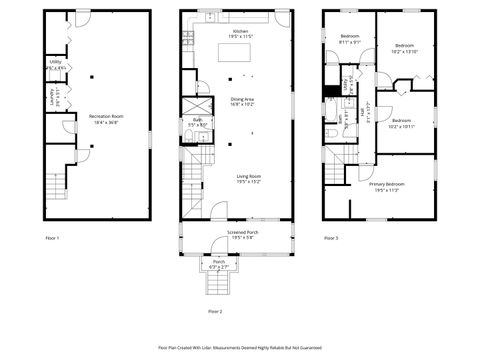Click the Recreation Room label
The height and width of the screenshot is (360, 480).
98,119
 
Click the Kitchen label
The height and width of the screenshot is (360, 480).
240,34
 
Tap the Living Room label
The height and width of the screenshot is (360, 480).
248,179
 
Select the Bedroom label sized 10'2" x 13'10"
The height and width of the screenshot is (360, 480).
404,48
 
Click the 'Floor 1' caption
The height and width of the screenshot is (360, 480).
52,238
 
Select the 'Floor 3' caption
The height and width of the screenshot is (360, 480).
331,238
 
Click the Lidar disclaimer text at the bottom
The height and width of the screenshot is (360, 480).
239,347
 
